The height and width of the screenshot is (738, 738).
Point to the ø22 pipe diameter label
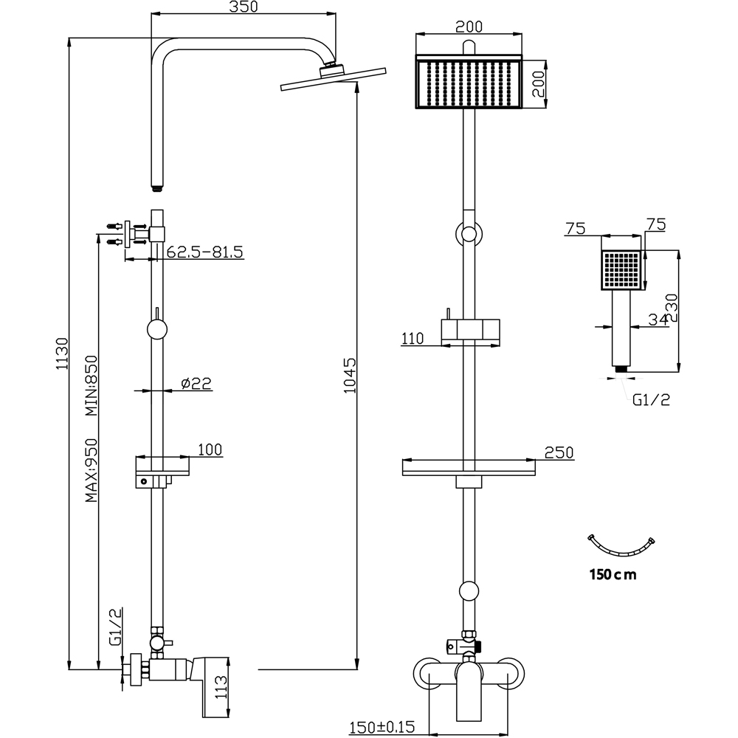[x=196, y=383]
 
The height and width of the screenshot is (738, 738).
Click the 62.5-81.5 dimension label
[x=204, y=252]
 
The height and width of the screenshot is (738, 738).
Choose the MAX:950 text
[x=92, y=469]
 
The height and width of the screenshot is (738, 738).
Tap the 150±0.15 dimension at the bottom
[x=383, y=727]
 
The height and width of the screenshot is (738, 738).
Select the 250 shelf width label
[x=559, y=452]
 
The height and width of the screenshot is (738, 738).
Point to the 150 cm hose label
[x=612, y=573]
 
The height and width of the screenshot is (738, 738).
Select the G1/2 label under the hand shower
[x=650, y=400]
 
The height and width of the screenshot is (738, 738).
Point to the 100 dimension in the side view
[x=210, y=449]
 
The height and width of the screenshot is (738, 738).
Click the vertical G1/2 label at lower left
[x=115, y=627]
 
